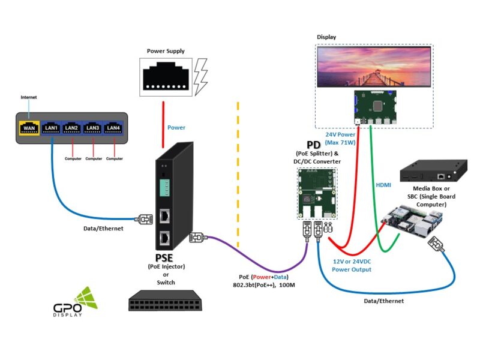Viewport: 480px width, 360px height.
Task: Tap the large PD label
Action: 313,145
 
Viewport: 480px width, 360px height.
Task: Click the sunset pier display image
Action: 374,67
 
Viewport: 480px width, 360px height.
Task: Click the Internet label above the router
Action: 29,97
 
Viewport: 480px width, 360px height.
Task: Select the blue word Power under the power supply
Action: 176,128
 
